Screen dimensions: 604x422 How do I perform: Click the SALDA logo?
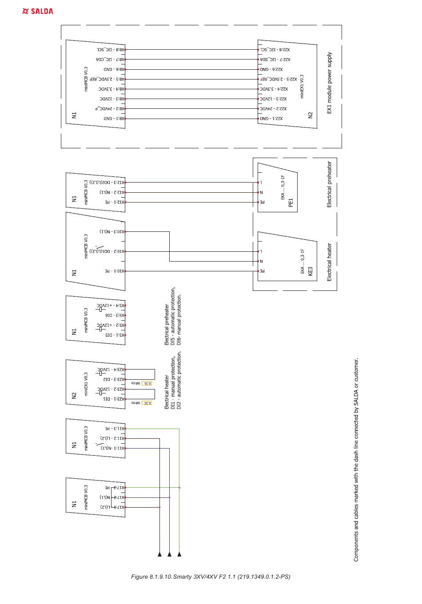(38, 11)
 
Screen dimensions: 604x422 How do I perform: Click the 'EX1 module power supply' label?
(329, 83)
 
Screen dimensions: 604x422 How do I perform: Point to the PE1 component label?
(291, 203)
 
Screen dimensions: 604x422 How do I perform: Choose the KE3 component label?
(310, 271)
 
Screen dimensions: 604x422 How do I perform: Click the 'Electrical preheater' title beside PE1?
(329, 184)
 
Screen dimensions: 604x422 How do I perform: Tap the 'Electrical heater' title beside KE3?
(329, 262)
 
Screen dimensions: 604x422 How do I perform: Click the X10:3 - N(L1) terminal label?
(112, 231)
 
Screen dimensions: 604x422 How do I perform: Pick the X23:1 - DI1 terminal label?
(114, 399)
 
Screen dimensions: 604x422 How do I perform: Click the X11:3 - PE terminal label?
(115, 429)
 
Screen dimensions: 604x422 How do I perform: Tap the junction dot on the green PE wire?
(179, 488)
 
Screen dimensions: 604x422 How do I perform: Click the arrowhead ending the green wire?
(179, 554)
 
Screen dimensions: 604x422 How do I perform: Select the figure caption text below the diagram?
(211, 577)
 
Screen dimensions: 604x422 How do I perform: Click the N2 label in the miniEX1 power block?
(311, 115)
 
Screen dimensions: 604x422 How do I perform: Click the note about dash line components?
(356, 460)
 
